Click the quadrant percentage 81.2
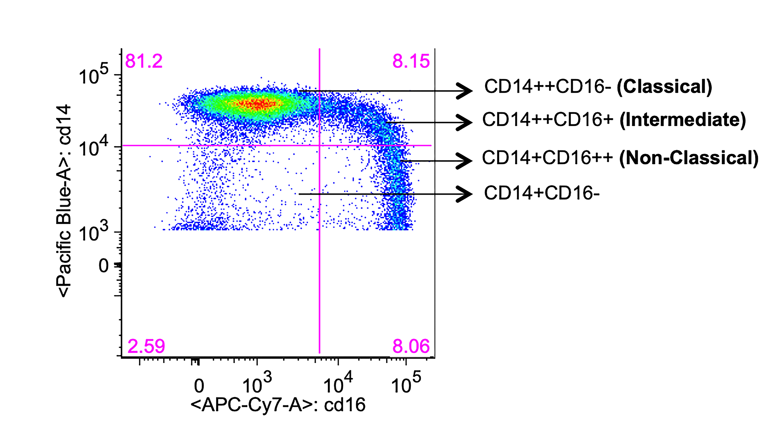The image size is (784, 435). coord(144,61)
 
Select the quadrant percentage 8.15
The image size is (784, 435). coord(411,61)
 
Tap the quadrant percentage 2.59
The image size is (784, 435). coord(146,346)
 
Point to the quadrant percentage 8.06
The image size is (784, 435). coord(411,346)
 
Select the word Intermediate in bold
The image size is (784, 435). coord(683,120)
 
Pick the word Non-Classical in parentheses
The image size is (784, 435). coord(689,158)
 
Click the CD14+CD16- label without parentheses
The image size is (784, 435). coord(542,193)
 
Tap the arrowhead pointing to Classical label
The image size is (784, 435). coord(465,91)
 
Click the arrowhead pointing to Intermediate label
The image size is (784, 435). coord(465,122)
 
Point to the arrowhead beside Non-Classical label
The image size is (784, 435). coord(465,161)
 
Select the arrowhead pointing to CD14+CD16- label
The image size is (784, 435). coord(465,194)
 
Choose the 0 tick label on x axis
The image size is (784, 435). coord(199,386)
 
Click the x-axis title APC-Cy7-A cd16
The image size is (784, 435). coord(278,405)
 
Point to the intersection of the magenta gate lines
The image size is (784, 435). coord(319,146)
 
